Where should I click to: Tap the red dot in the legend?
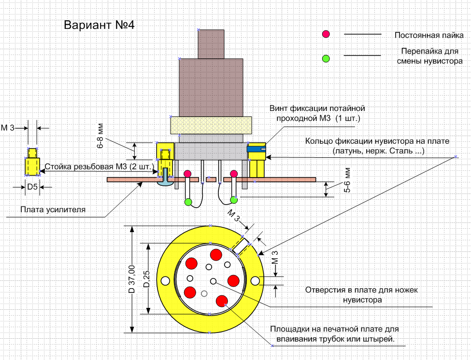(x=326, y=34)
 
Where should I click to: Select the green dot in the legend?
(x=326, y=58)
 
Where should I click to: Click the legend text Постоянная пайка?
(x=429, y=35)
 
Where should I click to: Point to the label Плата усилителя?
(x=53, y=209)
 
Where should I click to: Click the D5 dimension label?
(x=32, y=187)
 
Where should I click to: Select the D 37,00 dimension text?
(x=131, y=279)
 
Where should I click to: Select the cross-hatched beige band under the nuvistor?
(x=211, y=125)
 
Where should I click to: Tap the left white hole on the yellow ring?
(x=165, y=280)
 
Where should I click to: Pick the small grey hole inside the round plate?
(x=204, y=293)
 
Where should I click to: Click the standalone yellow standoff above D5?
(x=32, y=163)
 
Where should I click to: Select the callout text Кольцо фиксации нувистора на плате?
(x=377, y=141)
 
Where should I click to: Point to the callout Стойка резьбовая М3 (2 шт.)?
(x=99, y=167)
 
